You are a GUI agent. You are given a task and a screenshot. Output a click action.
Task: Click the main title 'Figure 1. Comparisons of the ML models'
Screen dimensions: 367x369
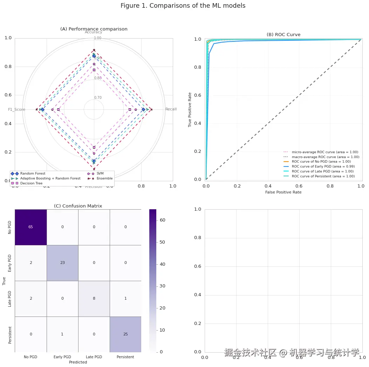click(183, 6)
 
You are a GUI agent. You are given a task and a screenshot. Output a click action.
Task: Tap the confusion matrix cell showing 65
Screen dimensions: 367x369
click(31, 227)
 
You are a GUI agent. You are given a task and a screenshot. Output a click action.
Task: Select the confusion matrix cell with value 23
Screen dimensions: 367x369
click(62, 263)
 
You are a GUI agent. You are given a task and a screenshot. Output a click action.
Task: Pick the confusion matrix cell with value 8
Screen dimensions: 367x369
click(94, 298)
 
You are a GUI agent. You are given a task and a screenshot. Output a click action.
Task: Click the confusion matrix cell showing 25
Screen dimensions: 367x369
click(125, 334)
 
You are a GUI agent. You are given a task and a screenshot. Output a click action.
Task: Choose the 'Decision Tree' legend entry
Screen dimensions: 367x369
click(31, 183)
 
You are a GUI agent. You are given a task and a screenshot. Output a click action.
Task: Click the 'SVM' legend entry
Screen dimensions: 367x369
click(100, 174)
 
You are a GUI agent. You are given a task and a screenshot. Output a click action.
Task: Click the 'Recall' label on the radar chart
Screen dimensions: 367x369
click(171, 109)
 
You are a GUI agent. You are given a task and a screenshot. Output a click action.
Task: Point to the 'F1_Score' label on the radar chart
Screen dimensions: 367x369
click(17, 110)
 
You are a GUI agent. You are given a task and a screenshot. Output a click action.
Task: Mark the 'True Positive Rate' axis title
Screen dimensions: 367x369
click(190, 110)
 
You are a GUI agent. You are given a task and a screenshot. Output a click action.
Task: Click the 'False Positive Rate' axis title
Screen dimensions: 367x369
click(283, 192)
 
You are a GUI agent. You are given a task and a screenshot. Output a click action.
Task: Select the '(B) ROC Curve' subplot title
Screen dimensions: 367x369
click(283, 34)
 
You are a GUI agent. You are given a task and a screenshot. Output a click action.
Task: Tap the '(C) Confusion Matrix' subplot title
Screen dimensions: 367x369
click(78, 206)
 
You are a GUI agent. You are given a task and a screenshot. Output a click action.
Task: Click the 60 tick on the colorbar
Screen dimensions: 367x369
click(163, 220)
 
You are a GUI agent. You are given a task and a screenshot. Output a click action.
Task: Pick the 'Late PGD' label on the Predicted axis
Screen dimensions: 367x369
click(94, 357)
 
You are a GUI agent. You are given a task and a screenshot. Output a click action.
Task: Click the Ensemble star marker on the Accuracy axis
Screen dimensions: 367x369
click(94, 50)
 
